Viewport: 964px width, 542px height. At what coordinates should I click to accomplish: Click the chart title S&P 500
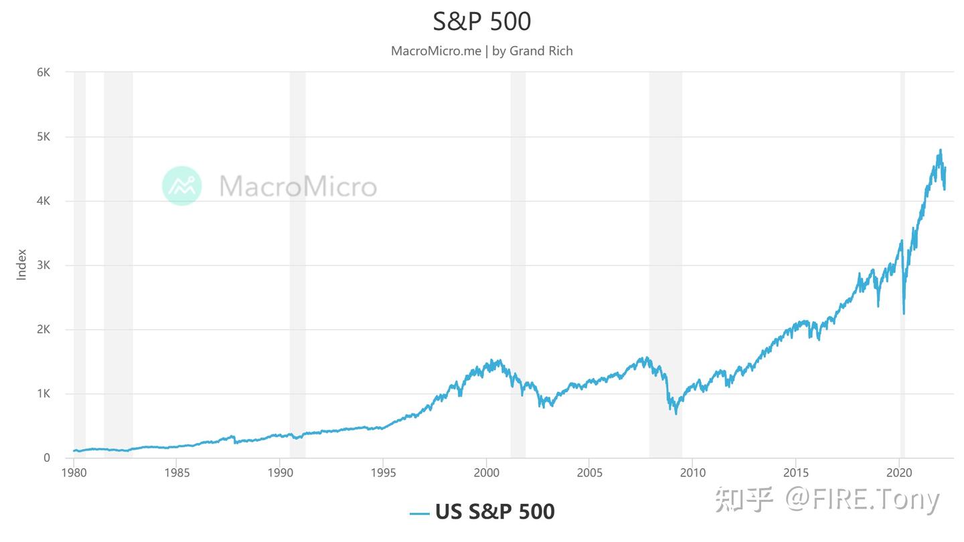(x=482, y=21)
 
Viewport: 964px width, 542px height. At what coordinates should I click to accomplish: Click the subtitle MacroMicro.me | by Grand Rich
(x=482, y=51)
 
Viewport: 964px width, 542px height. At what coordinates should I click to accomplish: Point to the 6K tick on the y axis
(x=43, y=72)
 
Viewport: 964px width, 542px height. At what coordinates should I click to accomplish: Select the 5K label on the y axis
(x=43, y=137)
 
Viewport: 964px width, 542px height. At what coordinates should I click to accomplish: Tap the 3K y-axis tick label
(x=43, y=266)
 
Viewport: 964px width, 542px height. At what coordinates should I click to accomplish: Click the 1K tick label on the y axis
(x=43, y=394)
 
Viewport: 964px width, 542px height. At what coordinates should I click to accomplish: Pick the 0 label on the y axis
(x=47, y=458)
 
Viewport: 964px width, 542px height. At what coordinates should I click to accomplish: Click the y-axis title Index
(x=21, y=264)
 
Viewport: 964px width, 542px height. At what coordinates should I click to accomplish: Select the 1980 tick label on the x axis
(x=74, y=473)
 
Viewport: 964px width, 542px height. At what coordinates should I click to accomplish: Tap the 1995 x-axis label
(x=383, y=473)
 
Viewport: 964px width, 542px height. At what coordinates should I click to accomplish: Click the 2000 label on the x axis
(x=486, y=473)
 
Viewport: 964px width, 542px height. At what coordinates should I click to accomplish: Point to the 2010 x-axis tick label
(x=693, y=473)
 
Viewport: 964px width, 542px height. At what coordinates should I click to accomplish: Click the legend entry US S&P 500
(x=482, y=512)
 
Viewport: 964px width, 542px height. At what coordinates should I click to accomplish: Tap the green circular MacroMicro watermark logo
(x=182, y=185)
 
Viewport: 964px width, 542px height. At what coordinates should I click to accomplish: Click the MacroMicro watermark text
(x=298, y=186)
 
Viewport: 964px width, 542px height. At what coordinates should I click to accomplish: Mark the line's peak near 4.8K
(x=941, y=150)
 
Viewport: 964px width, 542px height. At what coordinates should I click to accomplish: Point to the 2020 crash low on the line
(x=904, y=314)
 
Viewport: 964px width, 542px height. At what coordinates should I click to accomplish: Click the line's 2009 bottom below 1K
(x=676, y=414)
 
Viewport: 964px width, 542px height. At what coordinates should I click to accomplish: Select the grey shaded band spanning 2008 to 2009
(x=665, y=268)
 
